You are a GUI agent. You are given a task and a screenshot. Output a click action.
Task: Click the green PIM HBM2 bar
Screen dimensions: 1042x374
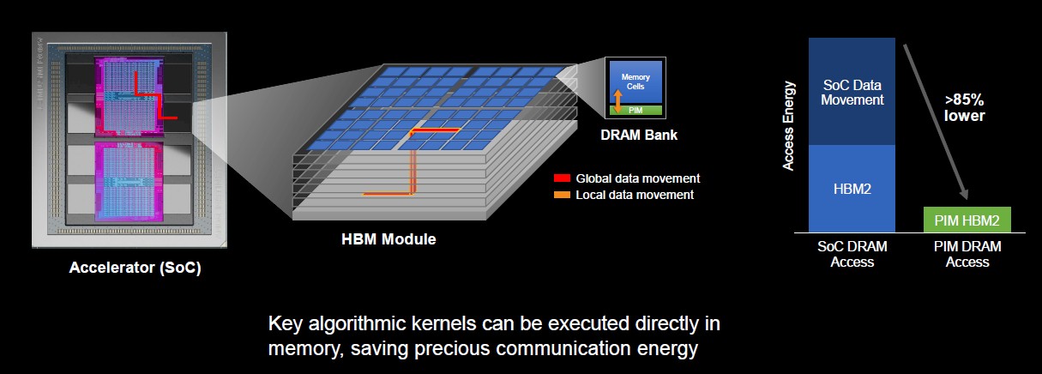tap(967, 220)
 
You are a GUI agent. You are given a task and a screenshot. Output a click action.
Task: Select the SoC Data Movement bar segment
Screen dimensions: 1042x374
tap(852, 92)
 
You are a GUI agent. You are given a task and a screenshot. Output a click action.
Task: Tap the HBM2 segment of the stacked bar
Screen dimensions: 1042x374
tap(852, 189)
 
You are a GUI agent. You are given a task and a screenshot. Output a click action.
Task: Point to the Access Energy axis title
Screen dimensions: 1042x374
tap(788, 125)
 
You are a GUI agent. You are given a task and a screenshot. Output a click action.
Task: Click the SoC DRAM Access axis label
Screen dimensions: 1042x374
tap(852, 254)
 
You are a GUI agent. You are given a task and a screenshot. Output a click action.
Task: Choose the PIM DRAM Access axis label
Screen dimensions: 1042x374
tap(967, 254)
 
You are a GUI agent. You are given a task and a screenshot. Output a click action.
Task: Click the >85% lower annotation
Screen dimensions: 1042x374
tap(965, 107)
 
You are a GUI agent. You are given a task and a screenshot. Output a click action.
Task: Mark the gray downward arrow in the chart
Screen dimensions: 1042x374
tap(935, 122)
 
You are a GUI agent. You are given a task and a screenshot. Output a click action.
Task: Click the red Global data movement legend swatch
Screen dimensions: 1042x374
tap(562, 178)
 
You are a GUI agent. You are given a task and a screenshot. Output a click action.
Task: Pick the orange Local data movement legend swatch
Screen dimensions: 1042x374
tap(562, 195)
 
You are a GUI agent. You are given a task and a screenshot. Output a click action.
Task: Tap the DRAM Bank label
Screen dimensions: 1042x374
tap(639, 135)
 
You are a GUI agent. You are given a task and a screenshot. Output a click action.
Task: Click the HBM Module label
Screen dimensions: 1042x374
tap(388, 239)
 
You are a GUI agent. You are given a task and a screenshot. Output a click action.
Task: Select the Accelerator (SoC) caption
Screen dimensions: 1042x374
tap(135, 268)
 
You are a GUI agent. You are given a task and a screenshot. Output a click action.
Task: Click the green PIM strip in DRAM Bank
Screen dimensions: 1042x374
tap(635, 111)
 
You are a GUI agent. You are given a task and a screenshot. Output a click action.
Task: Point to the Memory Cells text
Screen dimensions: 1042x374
tap(635, 81)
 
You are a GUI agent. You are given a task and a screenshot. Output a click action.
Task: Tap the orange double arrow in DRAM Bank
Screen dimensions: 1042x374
tap(617, 101)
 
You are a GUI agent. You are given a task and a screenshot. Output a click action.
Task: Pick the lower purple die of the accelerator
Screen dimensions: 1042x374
tap(129, 180)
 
